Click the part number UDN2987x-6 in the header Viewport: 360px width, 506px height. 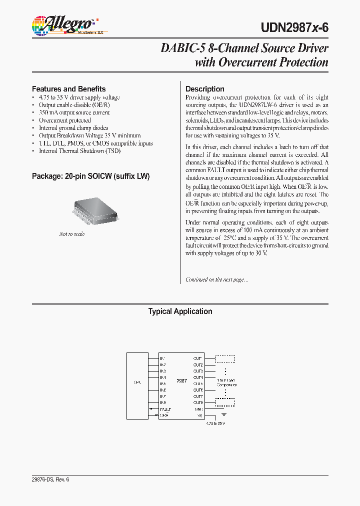click(294, 28)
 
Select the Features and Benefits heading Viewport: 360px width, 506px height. click(68, 88)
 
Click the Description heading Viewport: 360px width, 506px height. click(204, 89)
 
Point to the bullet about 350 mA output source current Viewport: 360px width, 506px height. click(74, 112)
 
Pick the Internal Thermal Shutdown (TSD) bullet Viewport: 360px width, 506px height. click(79, 150)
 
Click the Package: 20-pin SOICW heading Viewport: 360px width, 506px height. click(90, 176)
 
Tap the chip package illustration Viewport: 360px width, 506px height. click(97, 210)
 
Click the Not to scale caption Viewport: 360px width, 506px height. click(72, 234)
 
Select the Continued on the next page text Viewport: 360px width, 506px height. click(216, 279)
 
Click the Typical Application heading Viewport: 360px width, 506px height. click(180, 311)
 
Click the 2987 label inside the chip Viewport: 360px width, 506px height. click(181, 380)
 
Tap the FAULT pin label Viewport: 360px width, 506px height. click(165, 409)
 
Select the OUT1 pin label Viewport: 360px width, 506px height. click(198, 358)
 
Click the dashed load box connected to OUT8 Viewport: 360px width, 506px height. click(225, 402)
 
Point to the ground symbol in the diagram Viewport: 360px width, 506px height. click(223, 413)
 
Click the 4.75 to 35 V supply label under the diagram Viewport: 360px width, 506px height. click(216, 423)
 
